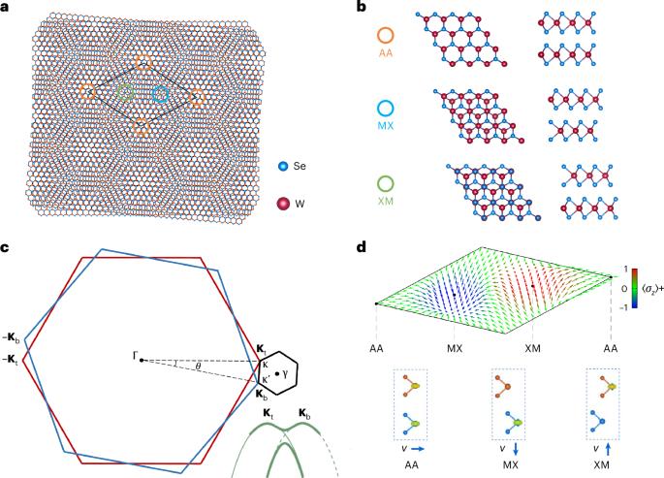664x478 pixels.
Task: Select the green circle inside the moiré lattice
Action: (125, 93)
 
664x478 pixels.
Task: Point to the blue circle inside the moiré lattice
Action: (161, 94)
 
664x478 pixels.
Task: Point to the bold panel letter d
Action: (364, 247)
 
